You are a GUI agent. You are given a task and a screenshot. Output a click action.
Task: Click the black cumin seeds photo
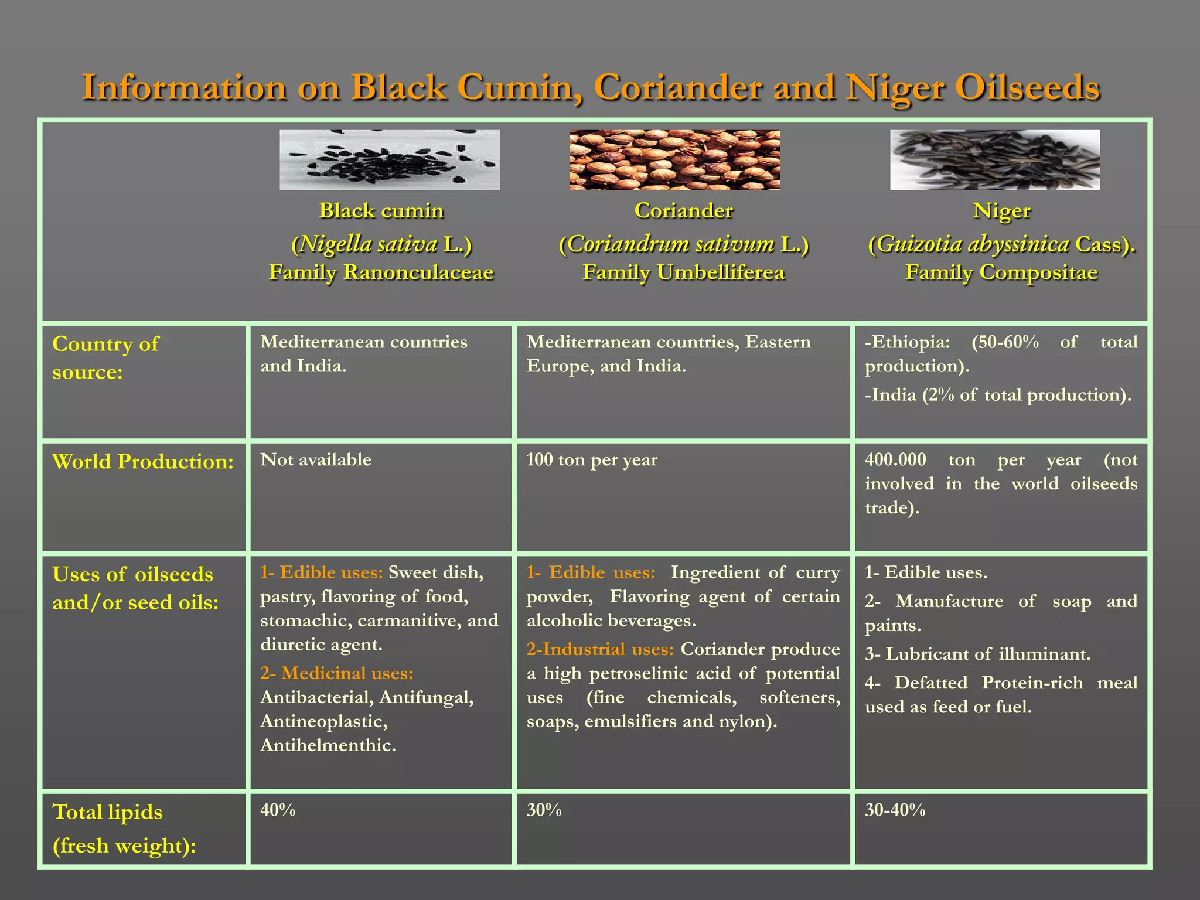click(x=390, y=160)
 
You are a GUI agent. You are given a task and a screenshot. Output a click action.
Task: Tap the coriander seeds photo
click(x=674, y=160)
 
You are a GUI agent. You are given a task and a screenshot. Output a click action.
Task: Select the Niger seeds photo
click(x=994, y=160)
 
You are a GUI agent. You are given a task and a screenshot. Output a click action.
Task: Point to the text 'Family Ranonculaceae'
click(x=381, y=272)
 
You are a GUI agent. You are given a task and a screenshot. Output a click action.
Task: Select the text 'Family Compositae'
click(x=1001, y=272)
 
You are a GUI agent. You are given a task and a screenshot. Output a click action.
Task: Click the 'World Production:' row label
click(x=143, y=462)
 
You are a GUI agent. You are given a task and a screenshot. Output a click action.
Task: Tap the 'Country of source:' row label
click(x=105, y=357)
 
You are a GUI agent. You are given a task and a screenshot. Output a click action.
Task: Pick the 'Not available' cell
click(x=316, y=459)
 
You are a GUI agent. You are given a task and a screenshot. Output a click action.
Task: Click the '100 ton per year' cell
click(x=592, y=459)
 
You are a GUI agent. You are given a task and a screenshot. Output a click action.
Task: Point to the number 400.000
click(x=895, y=459)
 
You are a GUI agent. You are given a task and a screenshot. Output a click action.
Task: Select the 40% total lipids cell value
click(x=278, y=810)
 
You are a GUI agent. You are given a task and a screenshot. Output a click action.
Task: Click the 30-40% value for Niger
click(x=895, y=810)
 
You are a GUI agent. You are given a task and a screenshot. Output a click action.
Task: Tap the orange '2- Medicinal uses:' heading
click(x=337, y=673)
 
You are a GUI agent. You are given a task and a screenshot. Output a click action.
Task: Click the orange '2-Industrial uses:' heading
click(x=600, y=649)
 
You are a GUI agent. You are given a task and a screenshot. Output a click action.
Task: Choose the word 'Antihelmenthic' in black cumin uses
click(x=327, y=745)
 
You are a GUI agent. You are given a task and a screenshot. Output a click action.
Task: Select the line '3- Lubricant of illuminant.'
click(x=977, y=654)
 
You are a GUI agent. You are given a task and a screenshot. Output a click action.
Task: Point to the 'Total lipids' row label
click(x=107, y=813)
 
